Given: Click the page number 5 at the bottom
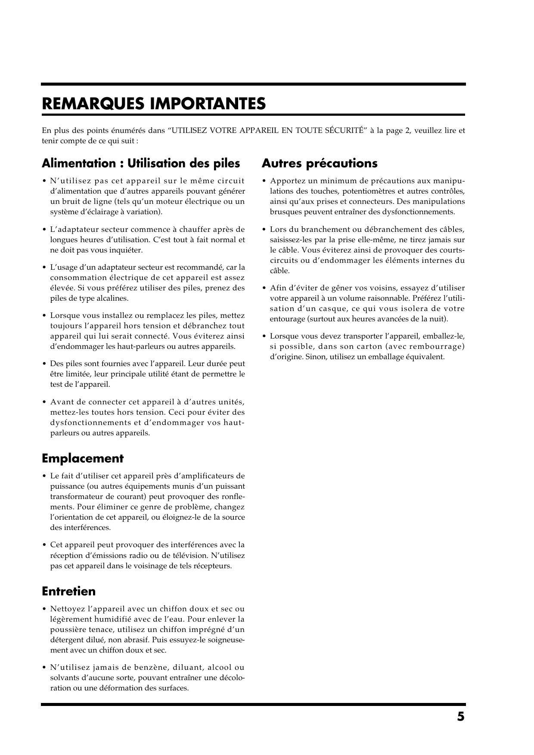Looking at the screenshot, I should point(460,717).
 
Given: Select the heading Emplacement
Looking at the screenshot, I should point(83,459).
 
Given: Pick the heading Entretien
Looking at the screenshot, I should point(69,592).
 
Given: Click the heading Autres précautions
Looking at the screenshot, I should point(320,163).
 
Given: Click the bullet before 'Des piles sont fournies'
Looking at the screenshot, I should point(44,364).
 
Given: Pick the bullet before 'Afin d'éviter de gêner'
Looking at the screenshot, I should point(264,288).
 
